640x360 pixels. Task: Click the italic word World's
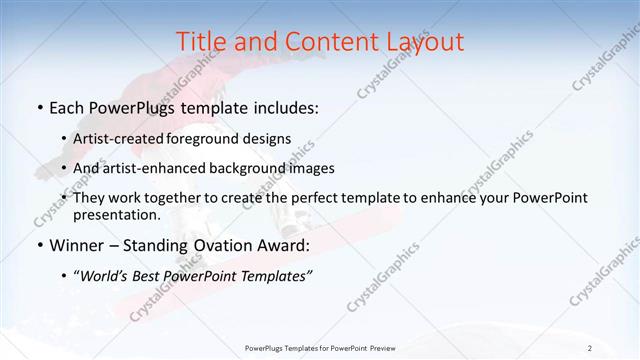click(x=105, y=276)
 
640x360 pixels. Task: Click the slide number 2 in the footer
click(x=590, y=348)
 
